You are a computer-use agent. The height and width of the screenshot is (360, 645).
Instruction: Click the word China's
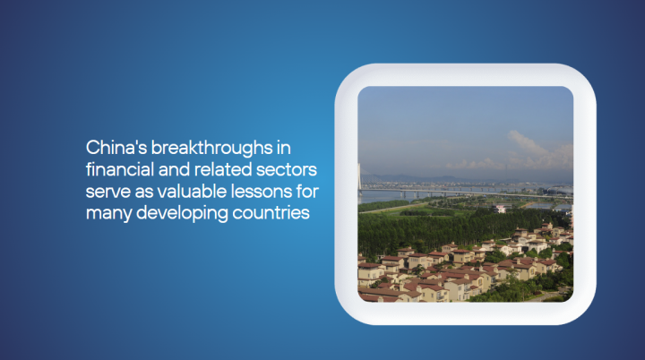pos(116,148)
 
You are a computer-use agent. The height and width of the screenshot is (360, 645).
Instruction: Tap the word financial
pos(120,169)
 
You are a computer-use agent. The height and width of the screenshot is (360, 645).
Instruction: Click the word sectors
pos(287,170)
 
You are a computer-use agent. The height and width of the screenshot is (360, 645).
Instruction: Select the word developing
pos(182,214)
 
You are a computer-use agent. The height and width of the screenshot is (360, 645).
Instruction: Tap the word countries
pos(271,213)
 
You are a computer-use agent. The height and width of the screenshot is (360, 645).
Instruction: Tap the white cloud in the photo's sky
pos(535,151)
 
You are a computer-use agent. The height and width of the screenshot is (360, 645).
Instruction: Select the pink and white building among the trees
pos(500,209)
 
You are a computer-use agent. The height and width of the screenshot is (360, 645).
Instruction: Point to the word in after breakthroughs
pos(283,148)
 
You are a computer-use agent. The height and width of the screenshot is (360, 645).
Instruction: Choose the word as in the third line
pos(143,193)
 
